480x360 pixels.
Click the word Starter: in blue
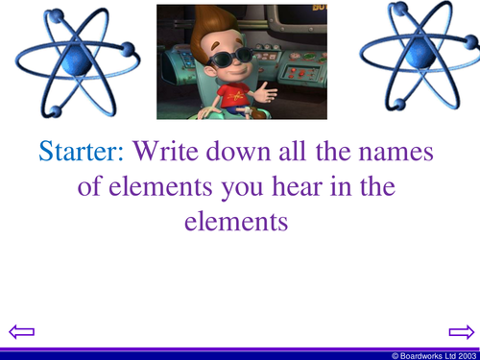(x=83, y=151)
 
